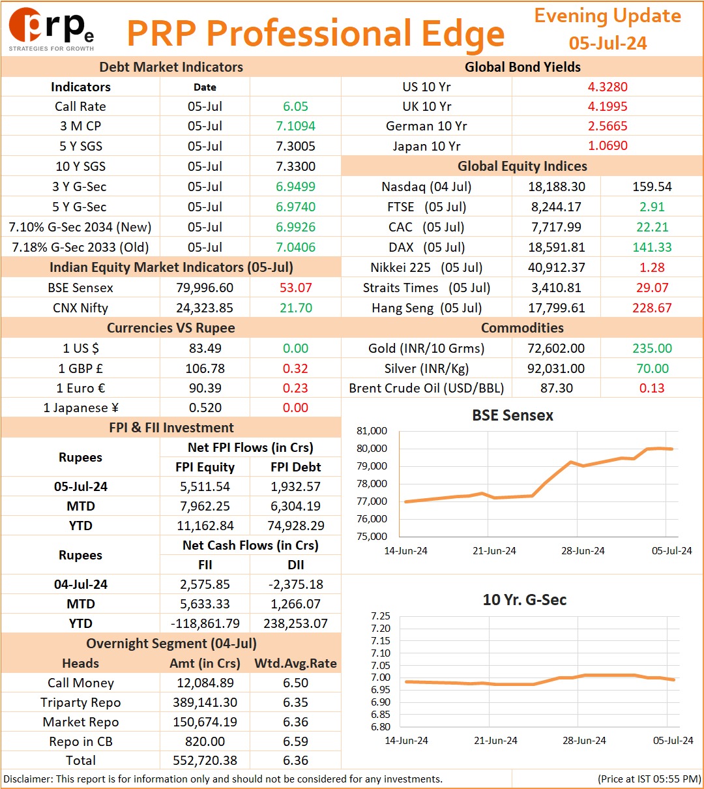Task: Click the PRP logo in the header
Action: pyautogui.click(x=51, y=29)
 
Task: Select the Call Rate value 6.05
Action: pyautogui.click(x=295, y=106)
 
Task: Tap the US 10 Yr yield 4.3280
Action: pyautogui.click(x=608, y=87)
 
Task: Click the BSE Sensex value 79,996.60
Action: pyautogui.click(x=205, y=288)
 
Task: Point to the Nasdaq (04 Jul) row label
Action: pyautogui.click(x=426, y=186)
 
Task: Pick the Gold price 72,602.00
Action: pyautogui.click(x=556, y=348)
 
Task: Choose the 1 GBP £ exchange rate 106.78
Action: pyautogui.click(x=205, y=368)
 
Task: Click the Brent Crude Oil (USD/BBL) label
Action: pyautogui.click(x=426, y=388)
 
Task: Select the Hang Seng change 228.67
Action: pyautogui.click(x=652, y=308)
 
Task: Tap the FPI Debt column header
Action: pyautogui.click(x=295, y=467)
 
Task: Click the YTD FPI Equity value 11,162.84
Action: pyautogui.click(x=205, y=526)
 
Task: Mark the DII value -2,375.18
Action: pyautogui.click(x=295, y=584)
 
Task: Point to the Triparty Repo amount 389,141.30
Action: pyautogui.click(x=205, y=702)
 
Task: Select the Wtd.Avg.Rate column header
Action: pyautogui.click(x=295, y=663)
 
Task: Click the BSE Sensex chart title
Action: pyautogui.click(x=512, y=415)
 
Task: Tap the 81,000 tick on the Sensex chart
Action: pyautogui.click(x=372, y=431)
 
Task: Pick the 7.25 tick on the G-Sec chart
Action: pyautogui.click(x=381, y=616)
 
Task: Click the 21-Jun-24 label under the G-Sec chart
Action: pyautogui.click(x=495, y=740)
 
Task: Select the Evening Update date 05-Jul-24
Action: pyautogui.click(x=608, y=43)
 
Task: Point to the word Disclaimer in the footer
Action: pyautogui.click(x=27, y=779)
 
